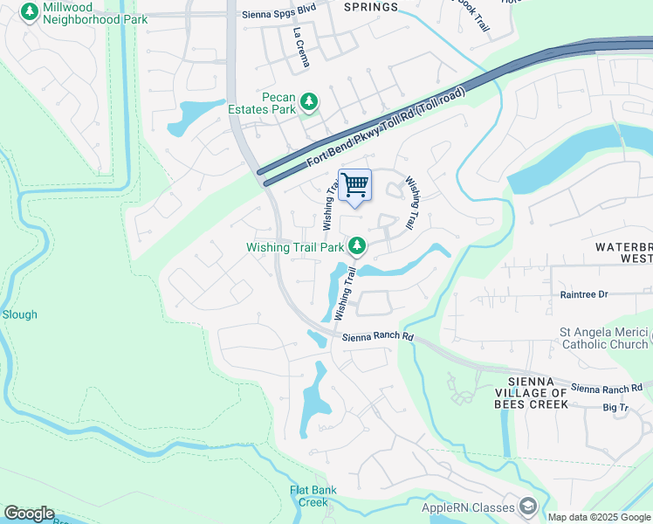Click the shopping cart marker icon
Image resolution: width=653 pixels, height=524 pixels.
[354, 185]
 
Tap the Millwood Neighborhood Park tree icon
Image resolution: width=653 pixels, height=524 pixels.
[30, 11]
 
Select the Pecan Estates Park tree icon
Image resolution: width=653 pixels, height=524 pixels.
[308, 103]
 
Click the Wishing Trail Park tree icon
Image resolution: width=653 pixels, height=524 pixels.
[356, 247]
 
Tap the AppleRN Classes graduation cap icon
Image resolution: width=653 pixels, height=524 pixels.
[527, 507]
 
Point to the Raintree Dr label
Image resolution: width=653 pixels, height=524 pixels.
[584, 294]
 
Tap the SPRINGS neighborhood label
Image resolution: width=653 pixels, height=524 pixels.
[370, 7]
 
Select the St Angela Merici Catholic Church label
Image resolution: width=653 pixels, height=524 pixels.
[604, 338]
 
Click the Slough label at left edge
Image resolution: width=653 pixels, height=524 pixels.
[19, 314]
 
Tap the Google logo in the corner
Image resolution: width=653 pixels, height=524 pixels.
[29, 514]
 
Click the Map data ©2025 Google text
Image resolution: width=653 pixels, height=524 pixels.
[598, 517]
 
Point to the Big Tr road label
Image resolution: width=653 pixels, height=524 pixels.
[615, 408]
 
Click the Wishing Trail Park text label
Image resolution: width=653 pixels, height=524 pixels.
[295, 247]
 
